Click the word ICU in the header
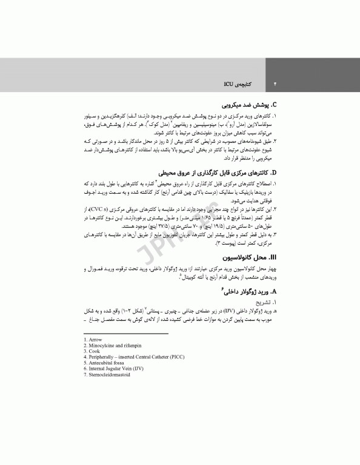click(x=229, y=80)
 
